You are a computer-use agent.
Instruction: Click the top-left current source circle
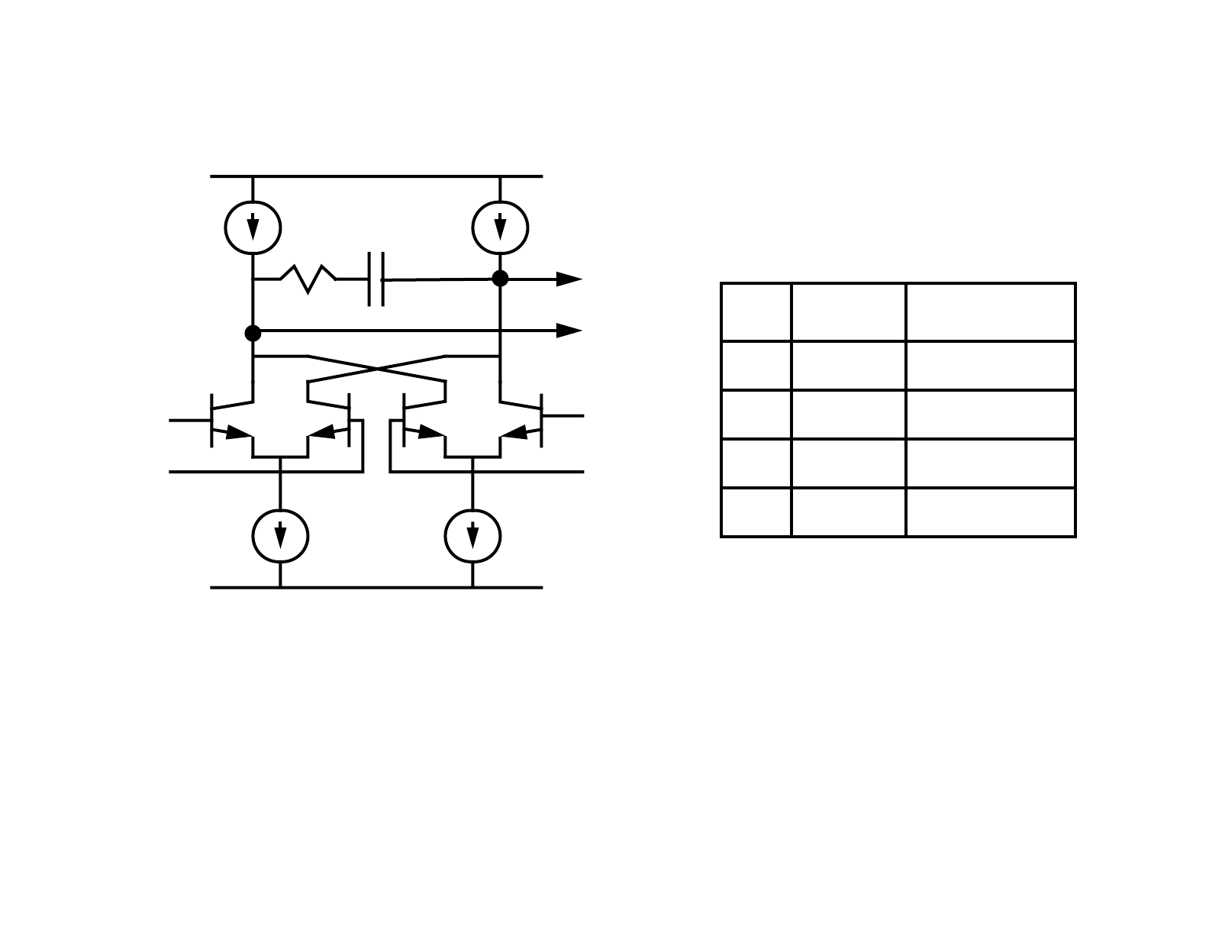(253, 228)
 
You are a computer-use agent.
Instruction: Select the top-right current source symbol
(500, 228)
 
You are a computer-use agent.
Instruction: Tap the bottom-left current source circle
(280, 536)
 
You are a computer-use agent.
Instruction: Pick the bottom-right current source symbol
(472, 536)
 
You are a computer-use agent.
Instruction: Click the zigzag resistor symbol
(308, 279)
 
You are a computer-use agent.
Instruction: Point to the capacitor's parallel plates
(376, 279)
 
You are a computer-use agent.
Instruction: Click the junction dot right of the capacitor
(500, 279)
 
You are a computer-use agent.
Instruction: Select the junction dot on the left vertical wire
(253, 333)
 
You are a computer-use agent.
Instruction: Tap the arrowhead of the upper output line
(569, 279)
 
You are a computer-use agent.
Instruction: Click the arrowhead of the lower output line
(569, 331)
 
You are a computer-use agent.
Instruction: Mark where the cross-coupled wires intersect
(376, 370)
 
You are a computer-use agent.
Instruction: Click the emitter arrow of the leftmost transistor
(239, 433)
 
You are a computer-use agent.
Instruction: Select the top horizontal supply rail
(376, 176)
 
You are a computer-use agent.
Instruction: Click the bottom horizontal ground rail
(376, 587)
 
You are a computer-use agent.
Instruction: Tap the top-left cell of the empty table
(756, 312)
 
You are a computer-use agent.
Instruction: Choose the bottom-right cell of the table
(990, 512)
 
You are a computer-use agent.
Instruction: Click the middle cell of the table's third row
(848, 415)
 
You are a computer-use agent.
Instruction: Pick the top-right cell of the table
(990, 312)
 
